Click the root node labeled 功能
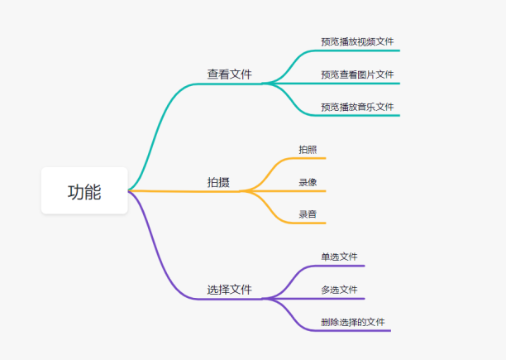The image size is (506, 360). click(x=84, y=191)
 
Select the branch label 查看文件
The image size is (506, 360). click(x=229, y=74)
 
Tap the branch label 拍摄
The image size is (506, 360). click(x=218, y=182)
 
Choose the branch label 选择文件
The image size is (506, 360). click(x=229, y=290)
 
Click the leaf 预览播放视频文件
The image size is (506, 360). click(x=357, y=41)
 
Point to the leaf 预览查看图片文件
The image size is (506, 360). click(x=357, y=74)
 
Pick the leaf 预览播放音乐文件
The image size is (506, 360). click(x=357, y=107)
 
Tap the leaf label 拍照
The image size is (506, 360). click(x=308, y=150)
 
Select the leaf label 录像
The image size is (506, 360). click(x=308, y=182)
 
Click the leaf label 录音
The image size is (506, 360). click(x=308, y=214)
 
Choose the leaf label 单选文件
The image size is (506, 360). click(x=339, y=257)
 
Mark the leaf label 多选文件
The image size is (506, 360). click(x=339, y=290)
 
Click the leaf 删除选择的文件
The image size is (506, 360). click(x=353, y=322)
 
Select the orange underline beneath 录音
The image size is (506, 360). click(x=313, y=223)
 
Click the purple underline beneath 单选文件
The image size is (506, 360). click(x=343, y=266)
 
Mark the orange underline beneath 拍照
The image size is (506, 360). click(x=313, y=158)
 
